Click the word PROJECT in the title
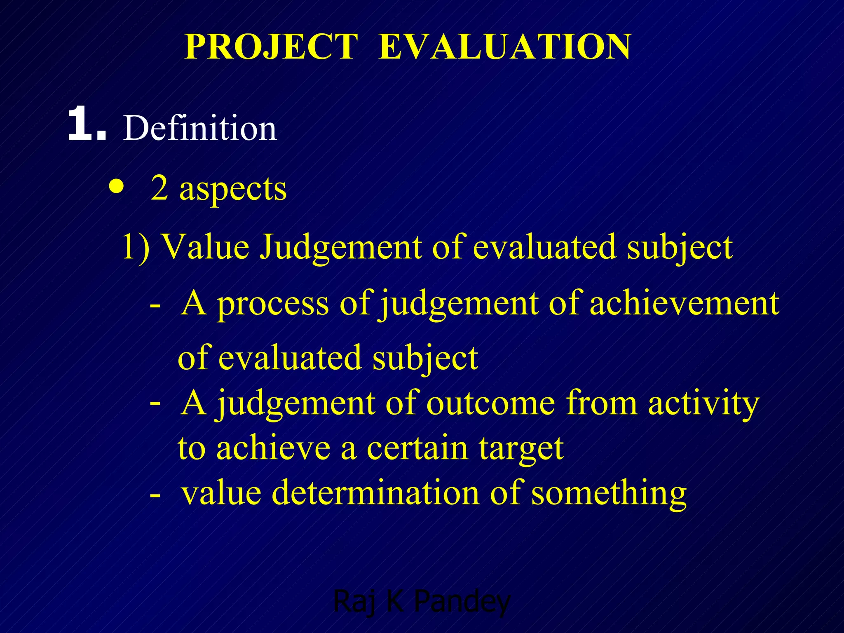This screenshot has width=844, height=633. click(x=271, y=47)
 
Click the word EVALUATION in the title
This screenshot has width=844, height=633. click(x=504, y=47)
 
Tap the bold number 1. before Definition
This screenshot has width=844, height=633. click(x=87, y=124)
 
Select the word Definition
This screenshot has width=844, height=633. click(x=200, y=128)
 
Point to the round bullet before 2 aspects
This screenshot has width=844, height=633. click(x=117, y=188)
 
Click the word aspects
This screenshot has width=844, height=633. click(x=233, y=189)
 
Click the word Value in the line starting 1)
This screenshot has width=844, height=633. click(x=205, y=247)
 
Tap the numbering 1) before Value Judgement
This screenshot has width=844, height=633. click(x=136, y=247)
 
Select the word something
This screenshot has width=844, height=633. click(x=609, y=493)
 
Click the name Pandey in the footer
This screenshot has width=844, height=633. click(x=462, y=602)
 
